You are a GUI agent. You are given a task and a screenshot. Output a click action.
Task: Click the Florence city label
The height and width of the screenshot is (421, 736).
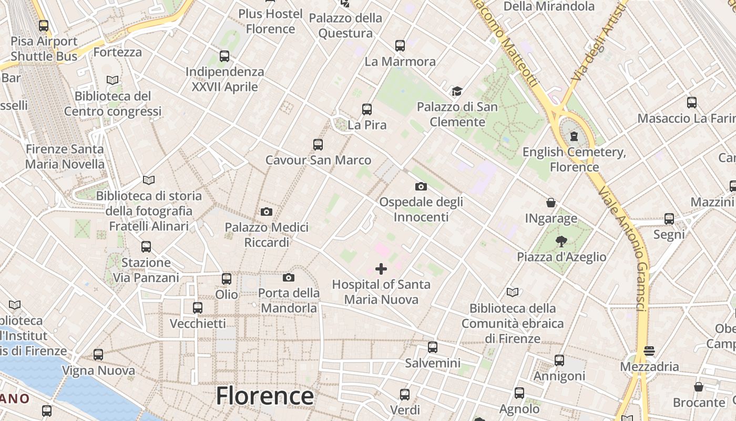coord(264,396)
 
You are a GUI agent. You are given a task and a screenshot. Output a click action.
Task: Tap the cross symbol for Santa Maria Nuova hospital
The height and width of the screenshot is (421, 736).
coord(381,269)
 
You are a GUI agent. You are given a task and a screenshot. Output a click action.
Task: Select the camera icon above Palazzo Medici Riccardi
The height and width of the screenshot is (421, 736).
coord(267,212)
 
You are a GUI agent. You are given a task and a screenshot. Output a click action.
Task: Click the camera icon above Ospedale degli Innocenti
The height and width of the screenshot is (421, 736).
coord(421,186)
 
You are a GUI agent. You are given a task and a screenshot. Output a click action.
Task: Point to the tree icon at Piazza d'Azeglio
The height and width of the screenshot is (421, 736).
coord(561,242)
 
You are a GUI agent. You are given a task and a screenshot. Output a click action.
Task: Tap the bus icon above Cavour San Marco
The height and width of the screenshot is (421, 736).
coord(318,144)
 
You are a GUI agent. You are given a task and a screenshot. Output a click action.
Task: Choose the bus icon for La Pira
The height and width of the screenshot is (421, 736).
coord(367,109)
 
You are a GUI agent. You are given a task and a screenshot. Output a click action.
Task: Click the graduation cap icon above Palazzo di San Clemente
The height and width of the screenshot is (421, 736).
coord(457,92)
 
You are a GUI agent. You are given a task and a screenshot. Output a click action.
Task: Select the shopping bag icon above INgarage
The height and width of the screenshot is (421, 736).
coord(551,203)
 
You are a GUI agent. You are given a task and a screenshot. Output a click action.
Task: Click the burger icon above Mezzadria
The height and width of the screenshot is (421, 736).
coord(649,351)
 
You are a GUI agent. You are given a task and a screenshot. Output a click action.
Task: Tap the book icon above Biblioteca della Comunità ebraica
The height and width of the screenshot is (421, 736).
coord(513,292)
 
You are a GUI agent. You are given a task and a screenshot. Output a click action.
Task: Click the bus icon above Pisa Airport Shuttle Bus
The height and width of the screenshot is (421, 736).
coord(44,25)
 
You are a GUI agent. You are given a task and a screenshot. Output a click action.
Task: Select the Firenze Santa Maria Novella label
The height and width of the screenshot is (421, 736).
coord(65,156)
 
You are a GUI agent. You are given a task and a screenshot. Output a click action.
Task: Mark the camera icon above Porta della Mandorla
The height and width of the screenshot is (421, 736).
coord(289,277)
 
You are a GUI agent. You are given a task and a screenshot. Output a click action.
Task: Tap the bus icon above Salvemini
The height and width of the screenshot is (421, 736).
coord(433,347)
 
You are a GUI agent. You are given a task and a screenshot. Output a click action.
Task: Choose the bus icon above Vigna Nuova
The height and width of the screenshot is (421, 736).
coord(98,355)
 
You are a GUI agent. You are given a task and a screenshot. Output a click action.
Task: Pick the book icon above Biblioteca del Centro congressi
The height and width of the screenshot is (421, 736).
coord(113,80)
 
